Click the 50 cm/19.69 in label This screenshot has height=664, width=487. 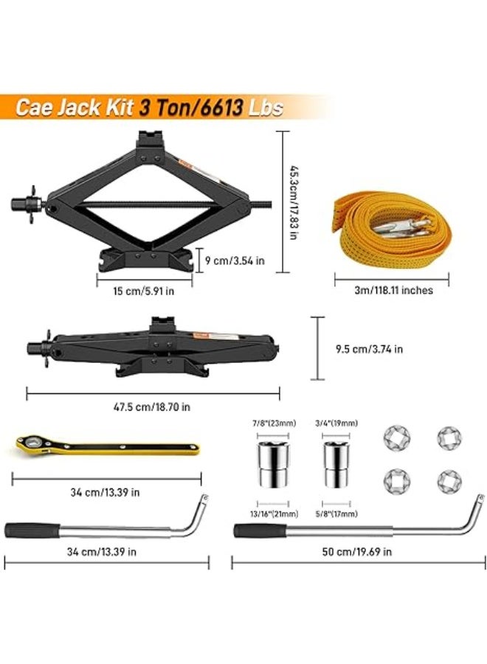[x=359, y=550]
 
